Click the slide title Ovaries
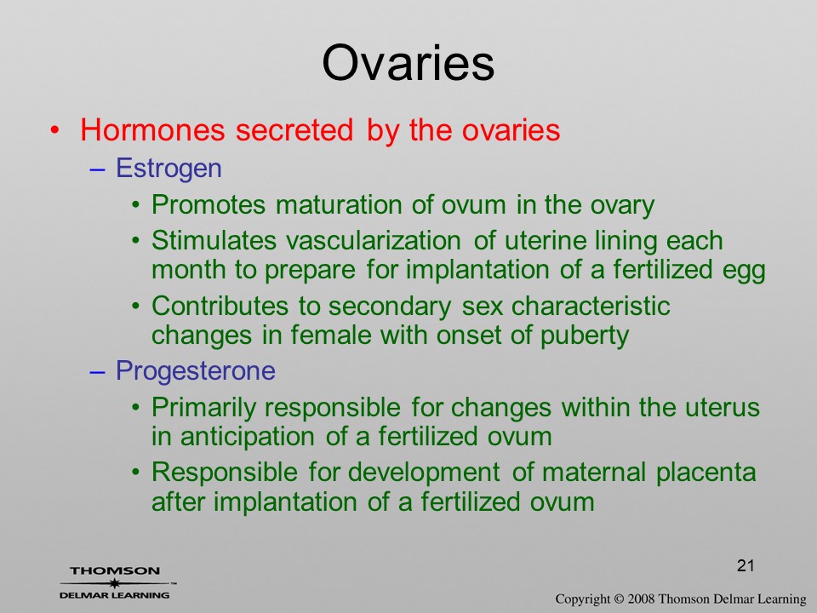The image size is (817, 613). click(408, 62)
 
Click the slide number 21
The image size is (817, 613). click(746, 565)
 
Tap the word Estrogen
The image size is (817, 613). click(169, 169)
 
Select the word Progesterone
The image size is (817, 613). click(196, 371)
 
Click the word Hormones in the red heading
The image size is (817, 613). click(152, 129)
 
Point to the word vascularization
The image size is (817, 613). click(373, 240)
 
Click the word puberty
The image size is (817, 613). click(584, 335)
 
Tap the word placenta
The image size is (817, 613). click(706, 473)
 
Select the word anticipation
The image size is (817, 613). click(248, 436)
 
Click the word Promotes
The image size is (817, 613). click(209, 204)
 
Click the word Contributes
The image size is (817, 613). click(220, 306)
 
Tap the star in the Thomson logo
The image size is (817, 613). click(114, 582)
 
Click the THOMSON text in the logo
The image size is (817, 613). click(115, 570)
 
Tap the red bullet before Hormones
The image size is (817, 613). click(54, 129)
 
